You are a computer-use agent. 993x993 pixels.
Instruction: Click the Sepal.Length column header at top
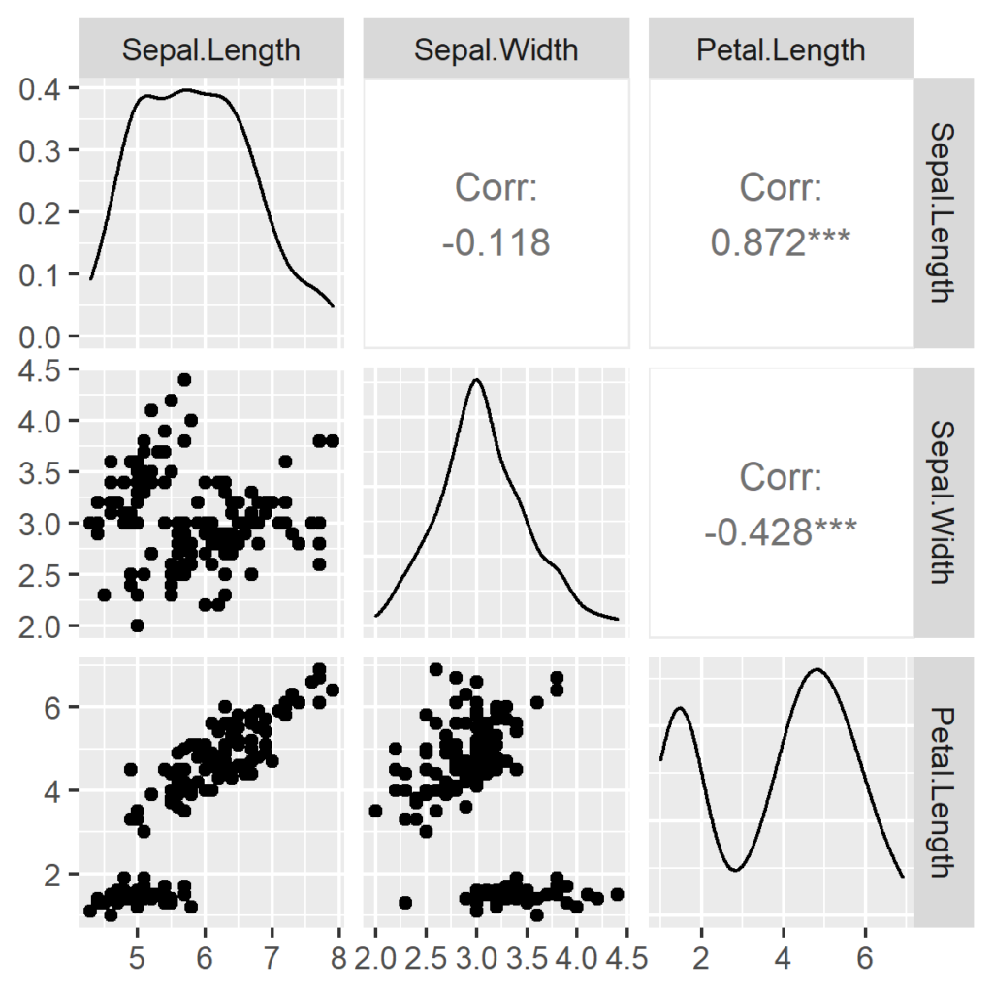pos(210,49)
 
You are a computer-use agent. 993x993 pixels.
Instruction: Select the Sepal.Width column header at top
pos(496,49)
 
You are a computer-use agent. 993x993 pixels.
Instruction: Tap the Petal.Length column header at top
pos(781,49)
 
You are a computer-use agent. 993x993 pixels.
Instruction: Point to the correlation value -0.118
pos(496,242)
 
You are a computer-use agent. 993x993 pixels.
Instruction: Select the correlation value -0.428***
pos(780,530)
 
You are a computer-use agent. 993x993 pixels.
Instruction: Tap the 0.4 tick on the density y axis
pos(43,89)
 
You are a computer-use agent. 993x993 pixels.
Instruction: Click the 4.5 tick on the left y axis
pos(43,370)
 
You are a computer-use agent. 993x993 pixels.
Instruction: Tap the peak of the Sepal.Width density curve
pos(477,379)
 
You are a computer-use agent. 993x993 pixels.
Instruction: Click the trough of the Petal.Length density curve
pos(736,870)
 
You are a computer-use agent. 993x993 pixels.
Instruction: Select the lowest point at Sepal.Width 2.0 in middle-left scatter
pos(138,625)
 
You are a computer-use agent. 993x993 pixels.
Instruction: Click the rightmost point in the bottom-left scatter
pos(333,689)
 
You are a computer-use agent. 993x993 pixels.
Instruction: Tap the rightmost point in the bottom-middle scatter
pos(617,894)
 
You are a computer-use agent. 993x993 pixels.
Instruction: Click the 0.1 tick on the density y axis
pos(43,274)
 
